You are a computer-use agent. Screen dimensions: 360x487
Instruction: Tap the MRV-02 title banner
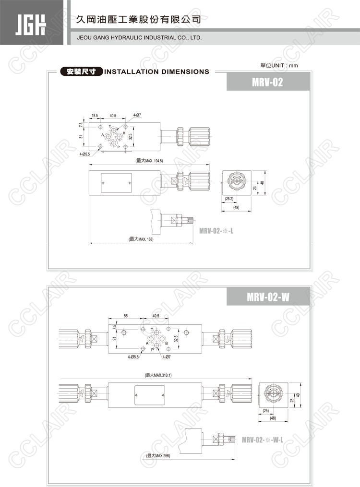[x=268, y=82]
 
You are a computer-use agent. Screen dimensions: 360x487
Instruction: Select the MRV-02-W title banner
[x=268, y=297]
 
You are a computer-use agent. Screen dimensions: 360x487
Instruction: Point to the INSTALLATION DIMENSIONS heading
[x=157, y=72]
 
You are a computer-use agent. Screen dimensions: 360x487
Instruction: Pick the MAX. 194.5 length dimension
[x=149, y=161]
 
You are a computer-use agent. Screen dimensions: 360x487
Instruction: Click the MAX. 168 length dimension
[x=141, y=239]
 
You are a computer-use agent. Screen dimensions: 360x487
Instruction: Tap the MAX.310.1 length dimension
[x=159, y=375]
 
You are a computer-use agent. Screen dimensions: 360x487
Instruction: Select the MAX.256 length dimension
[x=158, y=456]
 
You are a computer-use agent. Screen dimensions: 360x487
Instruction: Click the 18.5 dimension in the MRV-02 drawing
[x=95, y=116]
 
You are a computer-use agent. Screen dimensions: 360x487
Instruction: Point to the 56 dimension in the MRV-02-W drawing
[x=125, y=316]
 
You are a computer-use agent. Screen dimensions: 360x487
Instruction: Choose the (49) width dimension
[x=236, y=207]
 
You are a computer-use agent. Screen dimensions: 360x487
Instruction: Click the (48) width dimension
[x=273, y=418]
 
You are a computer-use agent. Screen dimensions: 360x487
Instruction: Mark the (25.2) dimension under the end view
[x=229, y=199]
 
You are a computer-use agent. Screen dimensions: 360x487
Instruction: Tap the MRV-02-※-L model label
[x=216, y=231]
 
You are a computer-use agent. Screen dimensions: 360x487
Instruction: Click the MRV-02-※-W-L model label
[x=263, y=440]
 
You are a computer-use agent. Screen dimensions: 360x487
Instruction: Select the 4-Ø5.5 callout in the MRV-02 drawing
[x=84, y=154]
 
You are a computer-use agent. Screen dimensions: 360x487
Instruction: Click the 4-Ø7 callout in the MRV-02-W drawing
[x=167, y=357]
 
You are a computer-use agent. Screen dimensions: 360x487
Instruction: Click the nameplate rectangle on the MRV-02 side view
[x=116, y=183]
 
